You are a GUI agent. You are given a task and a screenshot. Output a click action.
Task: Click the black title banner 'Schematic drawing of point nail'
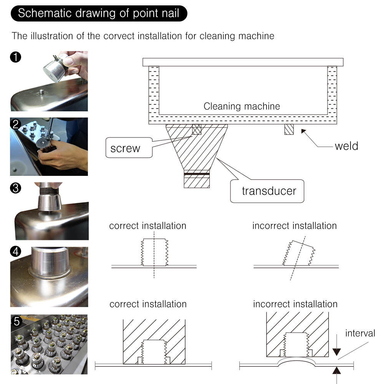99,13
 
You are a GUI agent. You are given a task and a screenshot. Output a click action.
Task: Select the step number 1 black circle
15,57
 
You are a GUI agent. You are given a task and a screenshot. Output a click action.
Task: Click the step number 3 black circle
15,188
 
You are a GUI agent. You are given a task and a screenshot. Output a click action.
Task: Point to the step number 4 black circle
15,252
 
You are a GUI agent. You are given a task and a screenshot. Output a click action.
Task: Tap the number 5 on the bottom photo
17,321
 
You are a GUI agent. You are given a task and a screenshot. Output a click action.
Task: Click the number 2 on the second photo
15,124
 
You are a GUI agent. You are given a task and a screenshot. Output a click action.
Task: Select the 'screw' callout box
129,148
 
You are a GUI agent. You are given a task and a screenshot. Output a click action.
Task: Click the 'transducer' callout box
267,191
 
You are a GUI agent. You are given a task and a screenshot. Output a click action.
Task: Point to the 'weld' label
346,146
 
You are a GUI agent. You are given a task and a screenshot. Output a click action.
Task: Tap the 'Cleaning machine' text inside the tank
242,106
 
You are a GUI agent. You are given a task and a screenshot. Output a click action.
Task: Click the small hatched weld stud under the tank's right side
289,129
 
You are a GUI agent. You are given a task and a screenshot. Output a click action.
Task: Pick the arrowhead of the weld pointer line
304,131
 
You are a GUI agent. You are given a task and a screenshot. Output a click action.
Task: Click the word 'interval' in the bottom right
360,333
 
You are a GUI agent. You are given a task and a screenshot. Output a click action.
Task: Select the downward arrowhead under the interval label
337,352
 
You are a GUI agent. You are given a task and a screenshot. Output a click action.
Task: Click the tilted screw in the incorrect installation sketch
299,253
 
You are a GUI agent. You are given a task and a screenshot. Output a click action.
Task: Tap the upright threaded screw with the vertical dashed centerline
154,252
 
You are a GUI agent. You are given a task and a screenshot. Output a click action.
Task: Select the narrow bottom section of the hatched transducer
197,179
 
